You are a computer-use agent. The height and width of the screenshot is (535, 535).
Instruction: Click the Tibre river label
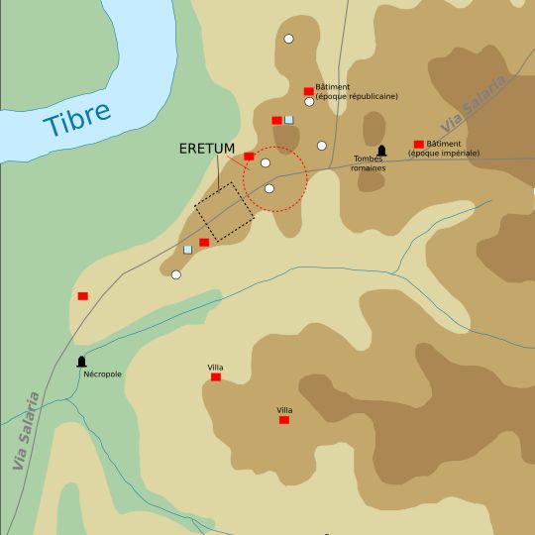[77, 121]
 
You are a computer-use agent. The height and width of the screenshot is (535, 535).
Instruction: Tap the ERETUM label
[207, 149]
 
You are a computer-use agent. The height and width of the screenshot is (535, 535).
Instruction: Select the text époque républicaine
[357, 96]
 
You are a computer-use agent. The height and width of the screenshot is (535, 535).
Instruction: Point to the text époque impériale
[443, 154]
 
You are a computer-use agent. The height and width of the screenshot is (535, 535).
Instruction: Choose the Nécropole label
[101, 374]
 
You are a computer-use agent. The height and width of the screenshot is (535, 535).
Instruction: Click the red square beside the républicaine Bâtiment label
[308, 91]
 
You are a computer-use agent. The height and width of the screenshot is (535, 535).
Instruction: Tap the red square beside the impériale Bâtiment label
[418, 144]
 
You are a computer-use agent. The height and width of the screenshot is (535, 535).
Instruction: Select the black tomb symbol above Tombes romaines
[381, 151]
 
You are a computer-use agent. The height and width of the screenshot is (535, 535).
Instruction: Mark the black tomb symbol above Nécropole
[81, 362]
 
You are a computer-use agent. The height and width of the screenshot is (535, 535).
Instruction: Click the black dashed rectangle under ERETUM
[223, 211]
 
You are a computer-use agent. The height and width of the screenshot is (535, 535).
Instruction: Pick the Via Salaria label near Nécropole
[27, 431]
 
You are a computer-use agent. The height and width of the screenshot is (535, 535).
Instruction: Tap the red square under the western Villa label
[215, 376]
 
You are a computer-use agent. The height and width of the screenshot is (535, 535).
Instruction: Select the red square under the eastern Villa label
[284, 420]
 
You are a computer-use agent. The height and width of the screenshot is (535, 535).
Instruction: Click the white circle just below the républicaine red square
[309, 102]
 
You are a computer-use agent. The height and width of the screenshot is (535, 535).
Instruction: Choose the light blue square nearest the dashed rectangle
[187, 249]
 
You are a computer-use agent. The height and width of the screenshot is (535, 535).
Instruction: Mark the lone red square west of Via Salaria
[82, 295]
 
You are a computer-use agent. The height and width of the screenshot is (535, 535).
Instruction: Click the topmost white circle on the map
[288, 39]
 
